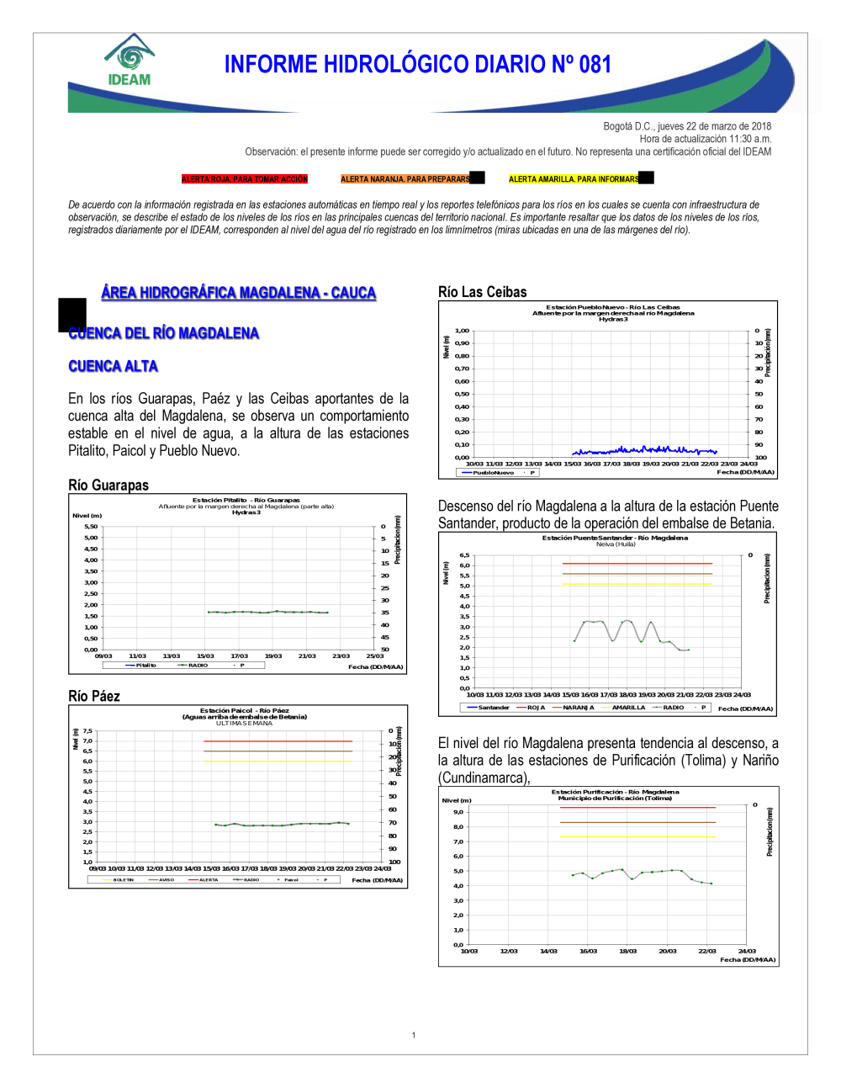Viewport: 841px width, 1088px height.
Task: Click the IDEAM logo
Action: (129, 61)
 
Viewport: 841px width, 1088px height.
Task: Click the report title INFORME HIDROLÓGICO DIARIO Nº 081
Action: (417, 65)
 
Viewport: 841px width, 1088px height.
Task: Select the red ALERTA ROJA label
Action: (245, 179)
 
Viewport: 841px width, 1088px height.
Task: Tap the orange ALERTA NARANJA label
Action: (405, 179)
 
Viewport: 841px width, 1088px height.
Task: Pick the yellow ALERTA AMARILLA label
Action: (574, 179)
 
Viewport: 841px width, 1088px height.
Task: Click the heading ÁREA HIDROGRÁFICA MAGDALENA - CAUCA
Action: (239, 293)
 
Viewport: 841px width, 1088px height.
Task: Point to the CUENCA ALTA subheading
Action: (113, 366)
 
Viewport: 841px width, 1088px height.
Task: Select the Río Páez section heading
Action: (94, 696)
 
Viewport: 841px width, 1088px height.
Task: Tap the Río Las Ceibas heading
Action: (483, 292)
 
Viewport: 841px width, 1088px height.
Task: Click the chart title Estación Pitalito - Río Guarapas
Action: (246, 500)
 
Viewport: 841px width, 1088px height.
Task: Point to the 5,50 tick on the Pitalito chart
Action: (91, 527)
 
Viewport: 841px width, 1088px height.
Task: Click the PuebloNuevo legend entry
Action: (493, 473)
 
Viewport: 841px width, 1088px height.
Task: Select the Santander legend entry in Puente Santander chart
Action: (494, 708)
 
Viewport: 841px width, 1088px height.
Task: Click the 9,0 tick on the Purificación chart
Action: (458, 812)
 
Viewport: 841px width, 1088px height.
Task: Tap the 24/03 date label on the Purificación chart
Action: (747, 951)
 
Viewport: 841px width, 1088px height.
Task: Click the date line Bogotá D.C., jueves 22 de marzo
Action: (687, 126)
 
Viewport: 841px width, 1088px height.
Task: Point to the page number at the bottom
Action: (414, 1035)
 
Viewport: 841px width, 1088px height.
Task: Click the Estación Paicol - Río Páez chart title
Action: (244, 710)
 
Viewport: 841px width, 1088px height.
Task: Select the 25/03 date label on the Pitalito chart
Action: (375, 655)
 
